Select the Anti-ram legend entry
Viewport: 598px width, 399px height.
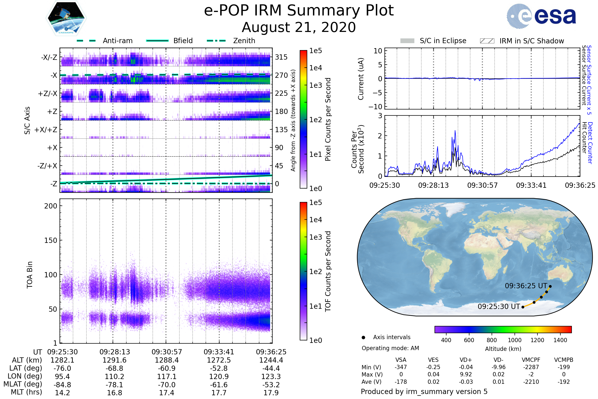tap(117, 41)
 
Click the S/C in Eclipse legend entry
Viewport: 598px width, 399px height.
tap(443, 41)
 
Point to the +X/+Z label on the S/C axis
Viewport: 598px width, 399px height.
tap(46, 130)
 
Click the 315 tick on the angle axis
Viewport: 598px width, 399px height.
tap(281, 57)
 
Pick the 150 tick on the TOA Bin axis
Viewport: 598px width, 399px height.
tap(51, 240)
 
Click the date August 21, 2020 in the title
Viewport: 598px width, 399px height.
tap(299, 27)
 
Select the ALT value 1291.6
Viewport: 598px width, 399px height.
tap(114, 360)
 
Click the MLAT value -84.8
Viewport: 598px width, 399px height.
tap(63, 385)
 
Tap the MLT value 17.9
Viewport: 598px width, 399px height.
tap(271, 393)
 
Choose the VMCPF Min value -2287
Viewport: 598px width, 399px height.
tap(531, 367)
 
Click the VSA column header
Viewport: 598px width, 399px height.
tap(401, 360)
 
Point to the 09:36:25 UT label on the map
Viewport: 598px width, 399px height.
tap(526, 286)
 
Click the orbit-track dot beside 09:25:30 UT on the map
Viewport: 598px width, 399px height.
tap(523, 307)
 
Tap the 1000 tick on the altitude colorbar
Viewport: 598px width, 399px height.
tap(515, 340)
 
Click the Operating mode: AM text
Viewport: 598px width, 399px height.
tap(390, 348)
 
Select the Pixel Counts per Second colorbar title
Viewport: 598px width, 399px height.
tap(328, 119)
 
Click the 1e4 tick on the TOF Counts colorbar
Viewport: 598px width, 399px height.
tap(315, 220)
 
